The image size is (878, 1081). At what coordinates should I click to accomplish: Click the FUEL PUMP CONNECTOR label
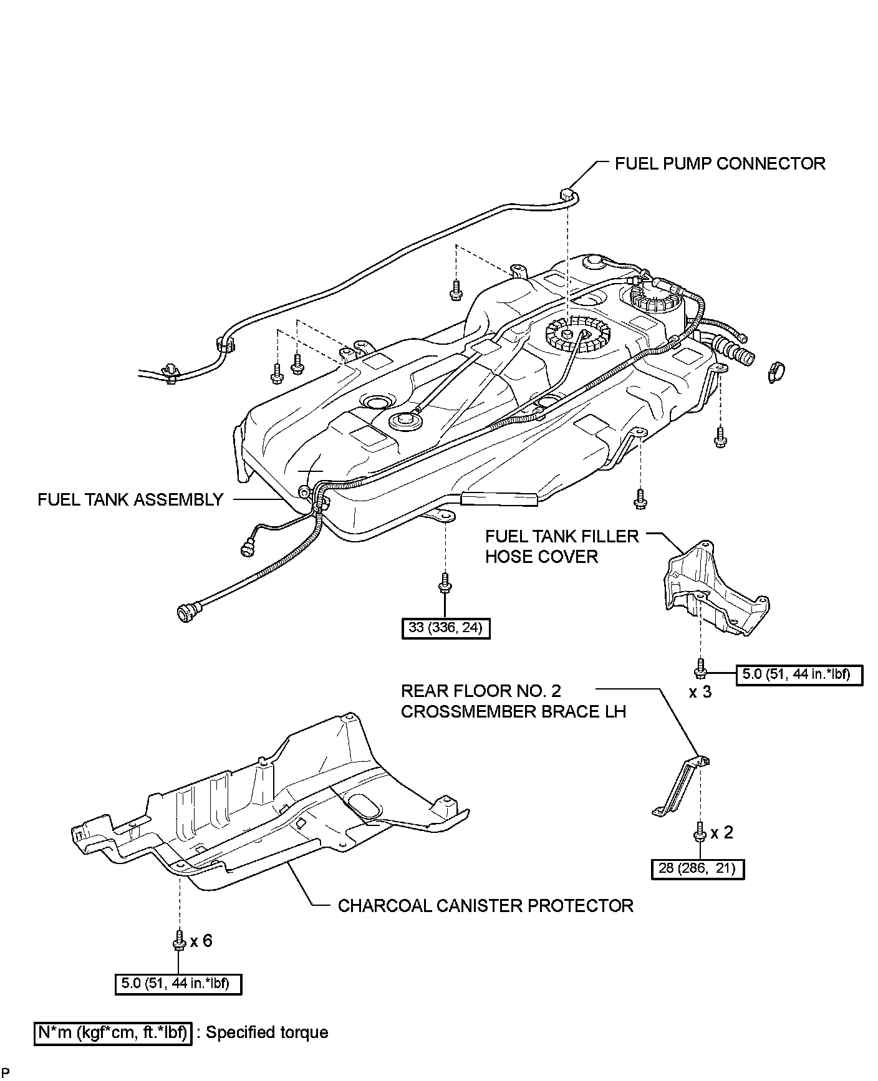pos(720,163)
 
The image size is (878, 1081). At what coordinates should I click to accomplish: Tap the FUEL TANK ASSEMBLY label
pos(130,499)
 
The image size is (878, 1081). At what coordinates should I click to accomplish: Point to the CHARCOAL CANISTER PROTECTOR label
pos(485,905)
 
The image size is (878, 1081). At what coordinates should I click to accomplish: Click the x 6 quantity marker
pos(201,940)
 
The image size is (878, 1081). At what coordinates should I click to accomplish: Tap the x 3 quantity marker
pos(700,692)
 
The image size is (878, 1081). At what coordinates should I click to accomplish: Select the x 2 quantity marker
pos(721,832)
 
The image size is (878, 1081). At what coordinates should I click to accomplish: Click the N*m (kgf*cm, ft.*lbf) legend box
pos(113,1032)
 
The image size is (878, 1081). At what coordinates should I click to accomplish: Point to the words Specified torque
pos(267,1032)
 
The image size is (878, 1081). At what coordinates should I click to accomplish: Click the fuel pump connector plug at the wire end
pos(568,195)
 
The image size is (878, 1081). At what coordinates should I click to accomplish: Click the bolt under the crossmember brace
pos(699,832)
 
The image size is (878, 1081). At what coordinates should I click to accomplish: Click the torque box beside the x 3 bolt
pos(799,674)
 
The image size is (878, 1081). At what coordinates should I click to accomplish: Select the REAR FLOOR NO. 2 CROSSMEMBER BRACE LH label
pos(513,701)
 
